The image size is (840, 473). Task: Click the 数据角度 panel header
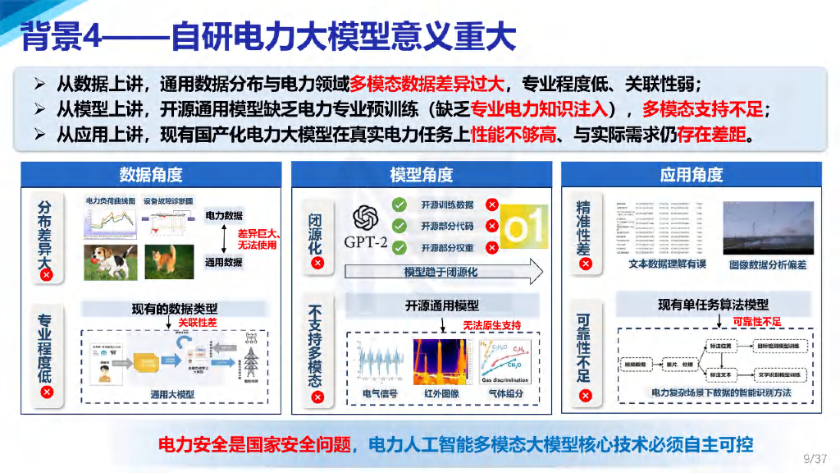pyautogui.click(x=151, y=174)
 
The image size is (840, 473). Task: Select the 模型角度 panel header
pyautogui.click(x=421, y=174)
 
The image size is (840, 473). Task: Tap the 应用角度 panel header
pyautogui.click(x=691, y=174)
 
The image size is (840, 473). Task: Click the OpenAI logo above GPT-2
pyautogui.click(x=365, y=218)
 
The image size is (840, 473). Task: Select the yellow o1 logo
pyautogui.click(x=523, y=227)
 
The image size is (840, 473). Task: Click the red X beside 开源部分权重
pyautogui.click(x=491, y=247)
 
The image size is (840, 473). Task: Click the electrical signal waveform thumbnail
pyautogui.click(x=379, y=361)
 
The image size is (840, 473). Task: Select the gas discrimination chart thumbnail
pyautogui.click(x=504, y=361)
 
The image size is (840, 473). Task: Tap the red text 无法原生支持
pyautogui.click(x=492, y=325)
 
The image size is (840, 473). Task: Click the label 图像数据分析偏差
pyautogui.click(x=768, y=264)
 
